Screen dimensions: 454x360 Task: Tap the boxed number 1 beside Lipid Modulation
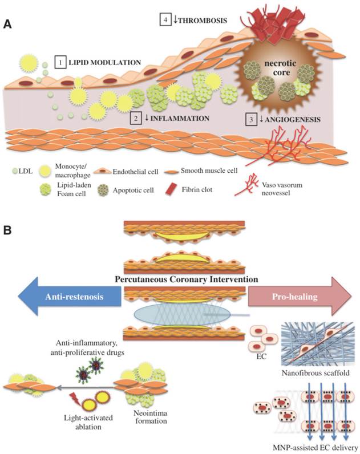(x=60, y=61)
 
